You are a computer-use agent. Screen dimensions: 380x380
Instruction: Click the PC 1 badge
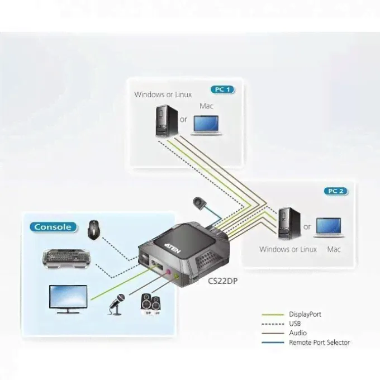click(x=222, y=89)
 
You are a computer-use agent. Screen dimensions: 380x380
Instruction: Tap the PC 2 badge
click(x=335, y=191)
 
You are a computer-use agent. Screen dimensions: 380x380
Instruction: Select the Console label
click(x=53, y=227)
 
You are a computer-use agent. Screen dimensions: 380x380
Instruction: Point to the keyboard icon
click(x=66, y=256)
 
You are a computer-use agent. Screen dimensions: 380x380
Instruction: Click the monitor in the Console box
click(x=68, y=298)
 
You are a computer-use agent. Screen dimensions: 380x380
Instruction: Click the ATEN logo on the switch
click(x=174, y=247)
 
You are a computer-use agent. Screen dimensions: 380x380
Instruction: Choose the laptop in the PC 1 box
click(x=206, y=125)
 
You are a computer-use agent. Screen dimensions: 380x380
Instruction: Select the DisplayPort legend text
click(x=305, y=315)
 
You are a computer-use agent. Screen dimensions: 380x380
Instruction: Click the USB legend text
click(x=295, y=324)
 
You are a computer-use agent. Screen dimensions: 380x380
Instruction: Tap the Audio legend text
click(x=297, y=333)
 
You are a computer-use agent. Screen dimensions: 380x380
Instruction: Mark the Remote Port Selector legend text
click(x=319, y=343)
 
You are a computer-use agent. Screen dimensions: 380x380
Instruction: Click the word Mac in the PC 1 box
click(x=206, y=106)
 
